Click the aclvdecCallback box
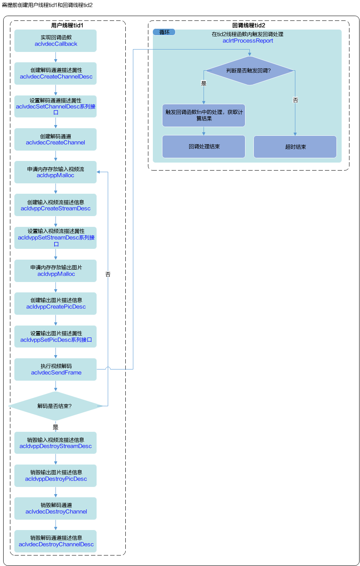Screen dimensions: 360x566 pyautogui.click(x=55, y=41)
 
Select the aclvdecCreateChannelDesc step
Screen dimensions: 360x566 pyautogui.click(x=55, y=73)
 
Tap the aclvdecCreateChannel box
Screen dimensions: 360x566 pyautogui.click(x=55, y=139)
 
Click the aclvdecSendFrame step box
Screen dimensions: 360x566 pyautogui.click(x=55, y=369)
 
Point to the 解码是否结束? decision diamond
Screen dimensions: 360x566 pyautogui.click(x=55, y=406)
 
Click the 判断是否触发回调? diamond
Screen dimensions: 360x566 pyautogui.click(x=249, y=70)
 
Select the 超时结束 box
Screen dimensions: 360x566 pyautogui.click(x=295, y=147)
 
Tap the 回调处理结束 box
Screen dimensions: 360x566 pyautogui.click(x=204, y=147)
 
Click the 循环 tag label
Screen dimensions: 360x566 pyautogui.click(x=164, y=32)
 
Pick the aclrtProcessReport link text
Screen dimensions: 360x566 pyautogui.click(x=248, y=41)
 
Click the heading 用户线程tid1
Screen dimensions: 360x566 pyautogui.click(x=67, y=25)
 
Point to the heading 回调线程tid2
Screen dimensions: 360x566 pyautogui.click(x=249, y=25)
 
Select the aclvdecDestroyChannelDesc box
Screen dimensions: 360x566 pyautogui.click(x=55, y=541)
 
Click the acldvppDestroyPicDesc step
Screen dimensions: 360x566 pyautogui.click(x=55, y=476)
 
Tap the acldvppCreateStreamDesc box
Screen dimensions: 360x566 pyautogui.click(x=55, y=205)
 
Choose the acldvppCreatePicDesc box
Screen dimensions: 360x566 pyautogui.click(x=55, y=304)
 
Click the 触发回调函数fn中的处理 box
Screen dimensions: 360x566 pyautogui.click(x=204, y=115)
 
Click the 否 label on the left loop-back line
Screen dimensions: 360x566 pyautogui.click(x=108, y=274)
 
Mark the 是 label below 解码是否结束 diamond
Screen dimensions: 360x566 pyautogui.click(x=55, y=427)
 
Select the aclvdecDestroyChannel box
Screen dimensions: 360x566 pyautogui.click(x=55, y=508)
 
